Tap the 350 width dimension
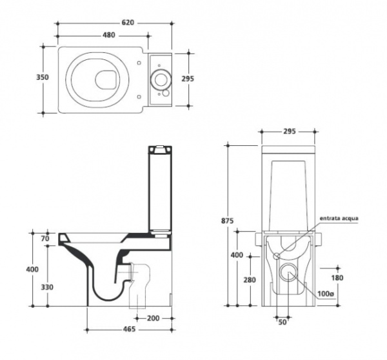40,77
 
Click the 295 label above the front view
288,132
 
